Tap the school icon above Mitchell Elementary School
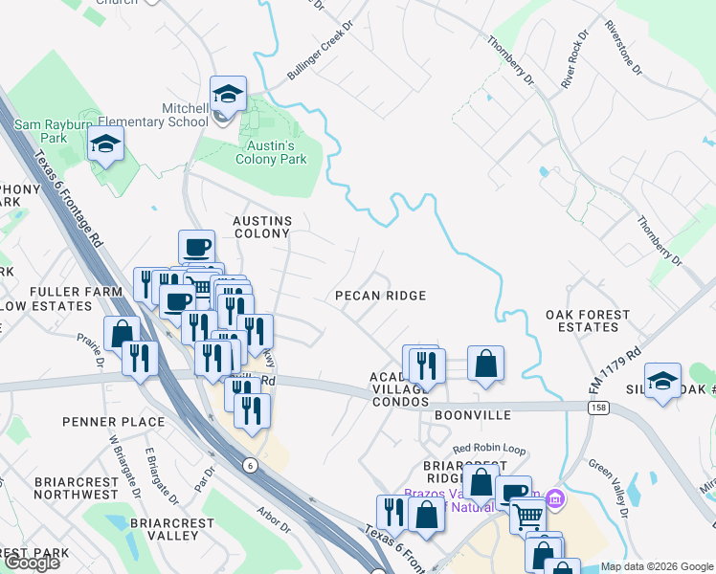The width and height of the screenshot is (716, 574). coord(229,95)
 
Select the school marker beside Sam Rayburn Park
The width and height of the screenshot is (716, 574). coord(105,146)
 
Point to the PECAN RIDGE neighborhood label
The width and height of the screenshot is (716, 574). coord(380,297)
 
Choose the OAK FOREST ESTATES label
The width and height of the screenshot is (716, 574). coord(588,320)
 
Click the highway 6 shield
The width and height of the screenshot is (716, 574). coord(250,465)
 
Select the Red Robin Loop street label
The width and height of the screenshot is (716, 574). coord(490,448)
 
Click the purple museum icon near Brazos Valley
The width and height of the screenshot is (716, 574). coord(553,498)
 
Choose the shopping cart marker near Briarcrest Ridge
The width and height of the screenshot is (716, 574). coord(528,517)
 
